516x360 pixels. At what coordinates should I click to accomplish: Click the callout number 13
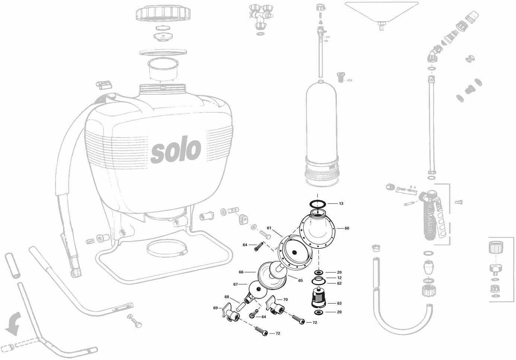coord(341,203)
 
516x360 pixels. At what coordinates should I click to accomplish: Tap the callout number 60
coord(347,228)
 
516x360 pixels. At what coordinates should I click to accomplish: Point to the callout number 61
coord(269,228)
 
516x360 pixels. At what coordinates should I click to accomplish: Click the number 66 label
coord(241,272)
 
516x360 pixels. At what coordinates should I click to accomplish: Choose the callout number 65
coord(300,280)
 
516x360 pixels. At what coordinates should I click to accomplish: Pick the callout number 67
coord(235,285)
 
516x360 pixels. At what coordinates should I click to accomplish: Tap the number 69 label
coord(215,308)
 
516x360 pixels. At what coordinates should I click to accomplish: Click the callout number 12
coord(339,278)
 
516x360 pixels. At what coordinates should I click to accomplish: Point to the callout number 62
coord(339,283)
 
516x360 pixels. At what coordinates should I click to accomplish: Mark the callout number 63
coord(339,303)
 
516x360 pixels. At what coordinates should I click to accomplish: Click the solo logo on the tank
coord(176,150)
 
